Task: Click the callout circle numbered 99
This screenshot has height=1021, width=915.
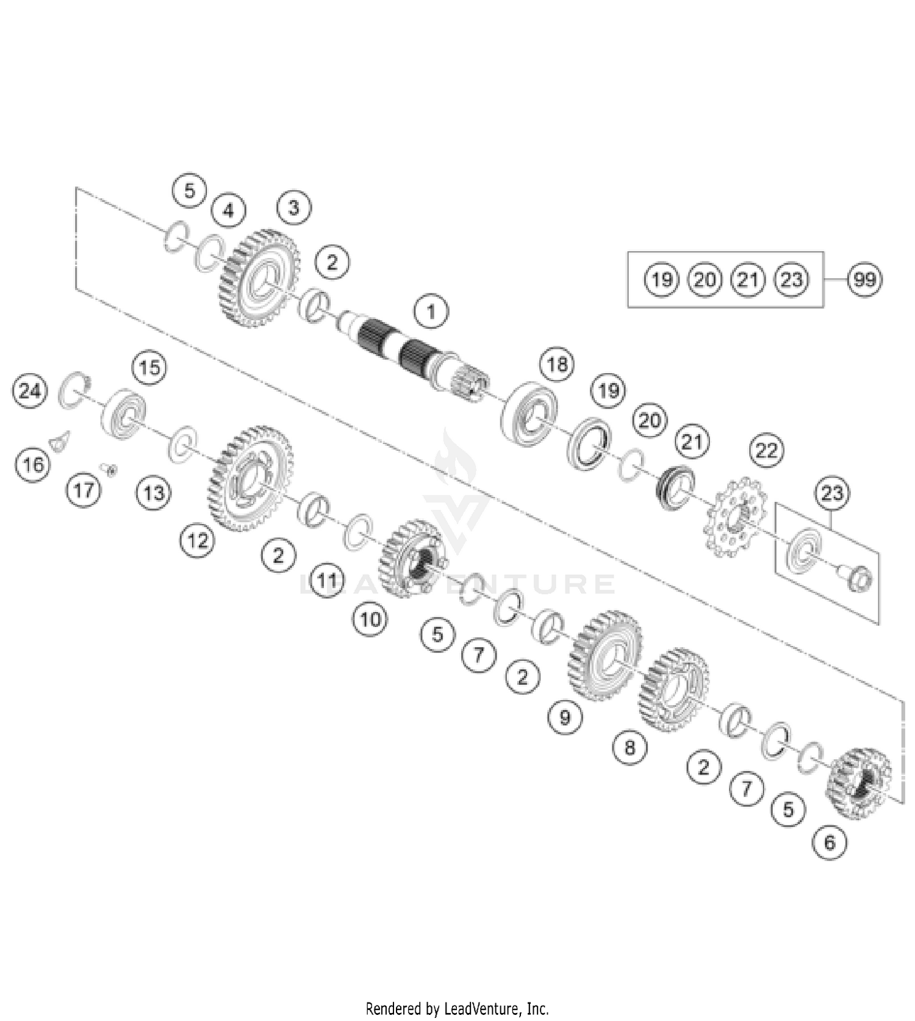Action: [x=865, y=280]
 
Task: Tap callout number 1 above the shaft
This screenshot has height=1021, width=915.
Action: [x=431, y=312]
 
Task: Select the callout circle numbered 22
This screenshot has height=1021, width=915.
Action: [x=766, y=451]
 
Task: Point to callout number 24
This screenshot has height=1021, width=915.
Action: [x=30, y=390]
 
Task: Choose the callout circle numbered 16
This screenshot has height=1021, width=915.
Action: [x=33, y=465]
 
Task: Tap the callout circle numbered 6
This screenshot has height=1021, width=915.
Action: [x=830, y=842]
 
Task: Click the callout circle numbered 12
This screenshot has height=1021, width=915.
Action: [x=198, y=540]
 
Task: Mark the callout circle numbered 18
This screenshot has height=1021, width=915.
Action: [x=557, y=365]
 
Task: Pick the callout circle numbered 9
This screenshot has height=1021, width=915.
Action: [x=565, y=717]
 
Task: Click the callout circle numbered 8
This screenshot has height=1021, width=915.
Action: [x=630, y=747]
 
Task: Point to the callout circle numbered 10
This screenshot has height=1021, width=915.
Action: [x=370, y=620]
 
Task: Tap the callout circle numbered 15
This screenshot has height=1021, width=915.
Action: [x=150, y=368]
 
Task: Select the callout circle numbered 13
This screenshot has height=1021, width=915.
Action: [x=153, y=492]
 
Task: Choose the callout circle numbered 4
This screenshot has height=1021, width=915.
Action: [x=228, y=210]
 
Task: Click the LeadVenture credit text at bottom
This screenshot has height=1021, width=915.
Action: [x=457, y=1008]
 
